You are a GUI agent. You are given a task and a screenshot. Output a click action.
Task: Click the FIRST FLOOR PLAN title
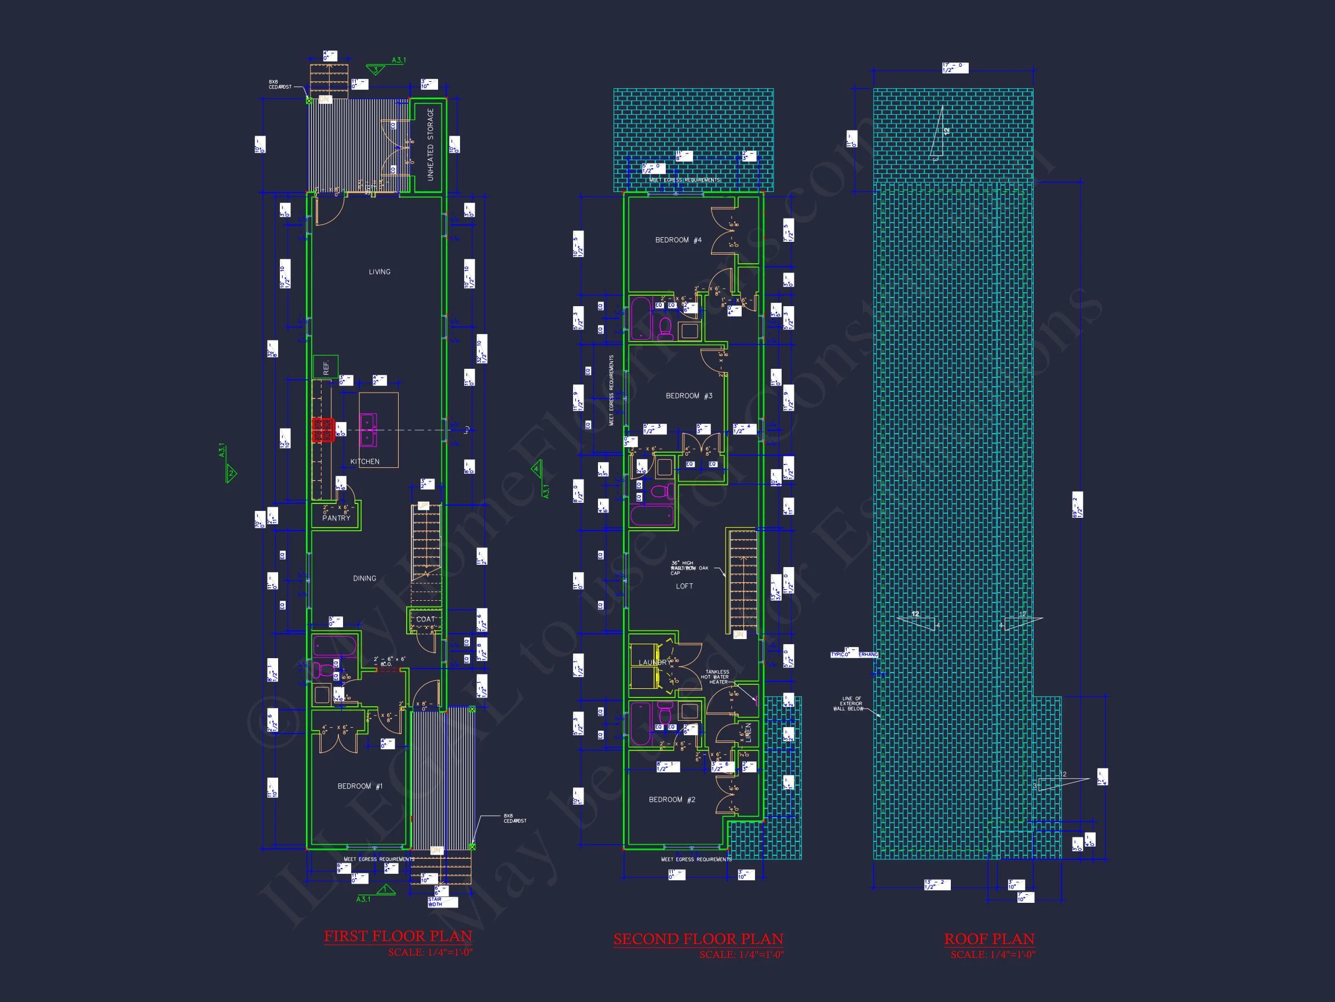point(397,936)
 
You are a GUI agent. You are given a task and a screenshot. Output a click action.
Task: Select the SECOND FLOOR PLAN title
point(698,939)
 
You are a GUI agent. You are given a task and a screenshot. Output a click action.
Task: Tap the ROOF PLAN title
point(989,939)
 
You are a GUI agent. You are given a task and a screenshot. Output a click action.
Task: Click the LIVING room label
point(380,272)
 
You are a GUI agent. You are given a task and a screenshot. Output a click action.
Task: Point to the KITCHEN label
point(364,462)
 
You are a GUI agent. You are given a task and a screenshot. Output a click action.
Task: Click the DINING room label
point(364,578)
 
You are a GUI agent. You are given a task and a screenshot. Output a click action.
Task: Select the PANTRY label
point(336,518)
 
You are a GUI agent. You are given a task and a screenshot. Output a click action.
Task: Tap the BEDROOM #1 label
point(360,786)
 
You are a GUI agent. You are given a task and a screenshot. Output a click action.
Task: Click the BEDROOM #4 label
point(679,240)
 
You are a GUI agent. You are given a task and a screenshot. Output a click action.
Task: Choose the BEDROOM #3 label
point(688,395)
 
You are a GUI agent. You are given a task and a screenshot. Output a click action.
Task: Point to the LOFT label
point(684,586)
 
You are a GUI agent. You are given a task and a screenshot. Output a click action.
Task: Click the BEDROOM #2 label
point(672,799)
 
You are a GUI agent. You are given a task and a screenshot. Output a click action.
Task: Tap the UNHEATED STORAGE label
point(431,144)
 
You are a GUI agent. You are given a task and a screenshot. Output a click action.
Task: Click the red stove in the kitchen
point(323,430)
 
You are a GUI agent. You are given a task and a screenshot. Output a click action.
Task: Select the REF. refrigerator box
point(326,367)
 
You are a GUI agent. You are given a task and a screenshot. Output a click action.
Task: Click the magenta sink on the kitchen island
point(367,430)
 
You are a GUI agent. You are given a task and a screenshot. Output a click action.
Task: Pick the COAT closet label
point(425,619)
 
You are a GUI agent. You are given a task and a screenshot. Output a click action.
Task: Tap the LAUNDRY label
point(652,663)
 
